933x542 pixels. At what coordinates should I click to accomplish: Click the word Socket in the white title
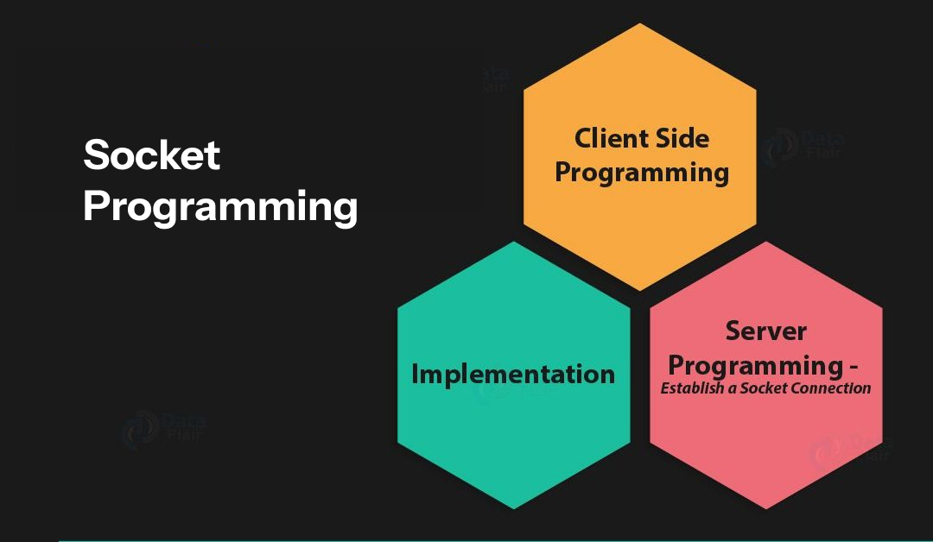152,154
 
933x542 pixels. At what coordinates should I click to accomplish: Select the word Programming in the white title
220,208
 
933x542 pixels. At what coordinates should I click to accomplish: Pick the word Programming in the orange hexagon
642,173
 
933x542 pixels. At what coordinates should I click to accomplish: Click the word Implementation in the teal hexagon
513,375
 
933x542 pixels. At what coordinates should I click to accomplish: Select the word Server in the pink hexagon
765,331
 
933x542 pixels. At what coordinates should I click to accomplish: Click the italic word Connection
836,388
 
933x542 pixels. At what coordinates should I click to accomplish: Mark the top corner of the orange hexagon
640,23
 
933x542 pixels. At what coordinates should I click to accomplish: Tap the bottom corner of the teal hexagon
514,508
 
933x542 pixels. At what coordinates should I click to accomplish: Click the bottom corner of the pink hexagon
766,509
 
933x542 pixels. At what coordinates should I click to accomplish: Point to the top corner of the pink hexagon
766,242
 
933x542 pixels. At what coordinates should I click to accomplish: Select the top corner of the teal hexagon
514,242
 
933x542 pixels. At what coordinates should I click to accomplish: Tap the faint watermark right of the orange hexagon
802,147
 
